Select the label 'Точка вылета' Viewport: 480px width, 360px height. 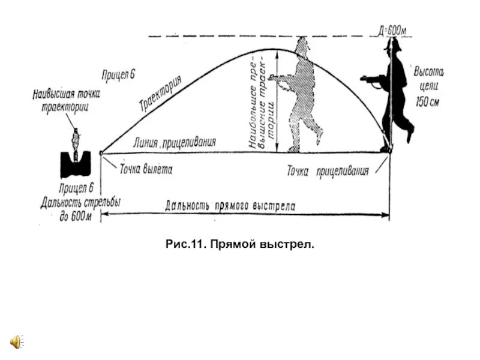146,169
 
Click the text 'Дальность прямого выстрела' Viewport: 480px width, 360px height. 230,205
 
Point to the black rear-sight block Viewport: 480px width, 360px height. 76,163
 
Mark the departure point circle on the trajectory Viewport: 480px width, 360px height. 101,154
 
